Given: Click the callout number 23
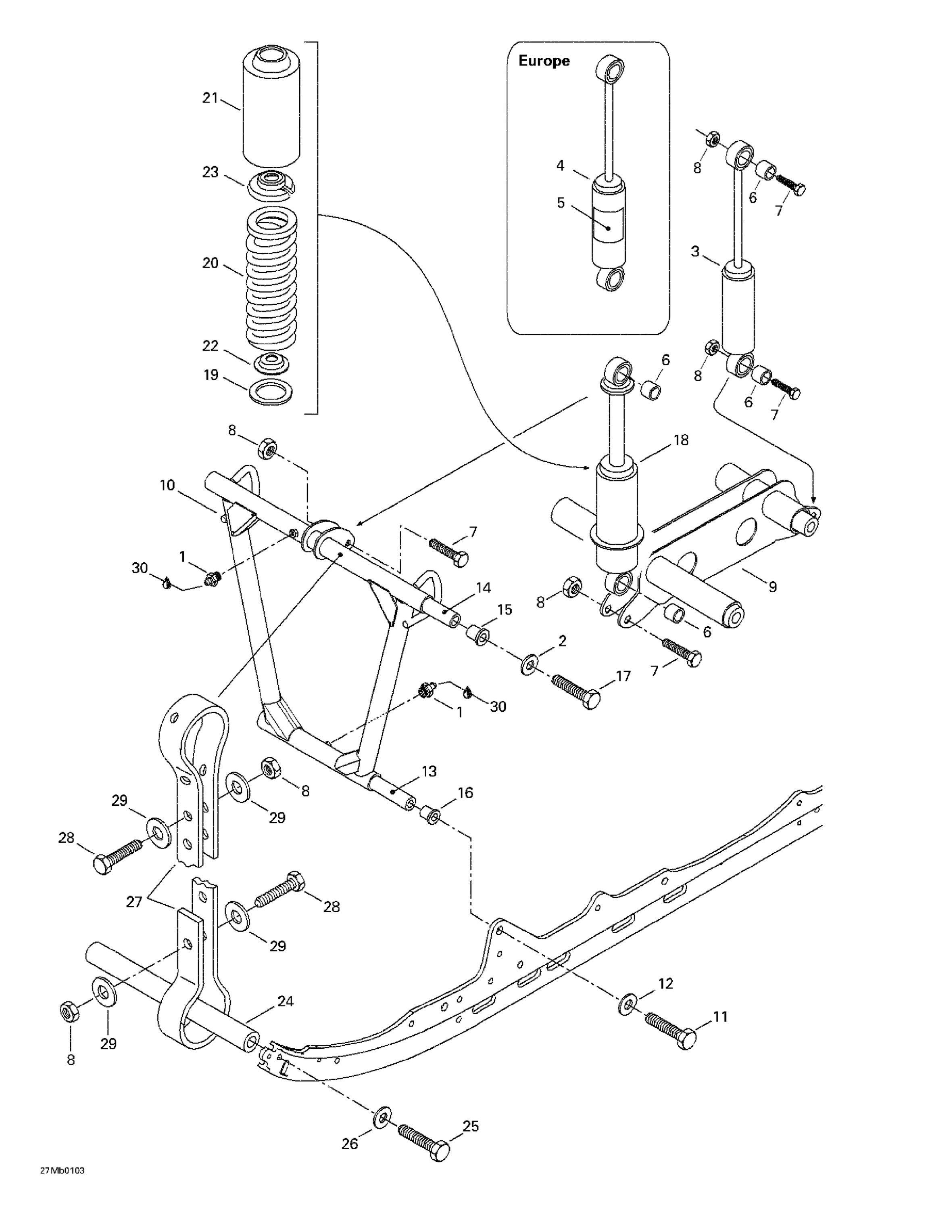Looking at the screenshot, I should (210, 172).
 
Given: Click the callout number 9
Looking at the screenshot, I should (772, 586).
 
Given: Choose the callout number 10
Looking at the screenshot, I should (167, 485).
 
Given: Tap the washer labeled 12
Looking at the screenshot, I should (627, 1004).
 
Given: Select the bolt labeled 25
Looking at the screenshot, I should (423, 1144).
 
